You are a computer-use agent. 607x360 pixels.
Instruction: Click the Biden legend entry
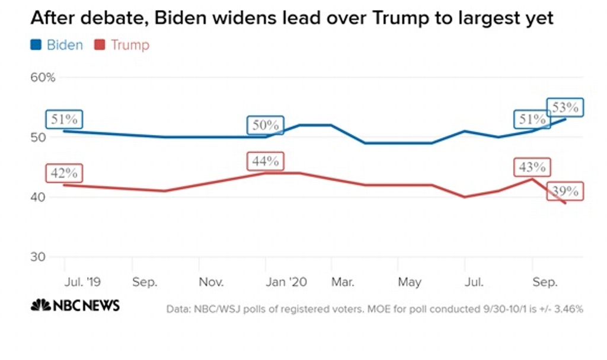pyautogui.click(x=57, y=45)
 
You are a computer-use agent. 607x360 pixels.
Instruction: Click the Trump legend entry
pyautogui.click(x=122, y=45)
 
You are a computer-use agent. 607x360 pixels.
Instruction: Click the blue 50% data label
pyautogui.click(x=265, y=126)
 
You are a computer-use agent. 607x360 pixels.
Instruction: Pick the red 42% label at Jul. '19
pyautogui.click(x=64, y=173)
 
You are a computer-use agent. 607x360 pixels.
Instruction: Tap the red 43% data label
pyautogui.click(x=531, y=168)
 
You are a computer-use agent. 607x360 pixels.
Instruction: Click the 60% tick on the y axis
pyautogui.click(x=43, y=78)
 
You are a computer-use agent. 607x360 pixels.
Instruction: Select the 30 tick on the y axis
pyautogui.click(x=39, y=257)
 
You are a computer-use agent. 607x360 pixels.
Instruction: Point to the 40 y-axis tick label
pyautogui.click(x=39, y=197)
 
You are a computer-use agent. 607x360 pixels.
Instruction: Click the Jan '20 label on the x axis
pyautogui.click(x=287, y=283)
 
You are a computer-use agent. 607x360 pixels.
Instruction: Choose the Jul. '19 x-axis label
pyautogui.click(x=81, y=283)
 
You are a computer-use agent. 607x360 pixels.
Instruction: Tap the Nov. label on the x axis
pyautogui.click(x=211, y=283)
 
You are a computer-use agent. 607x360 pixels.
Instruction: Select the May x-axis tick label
pyautogui.click(x=409, y=283)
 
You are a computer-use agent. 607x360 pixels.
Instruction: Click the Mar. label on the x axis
pyautogui.click(x=342, y=283)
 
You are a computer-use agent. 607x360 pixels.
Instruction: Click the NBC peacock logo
pyautogui.click(x=41, y=305)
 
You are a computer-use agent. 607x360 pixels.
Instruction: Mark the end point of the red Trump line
pyautogui.click(x=565, y=203)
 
